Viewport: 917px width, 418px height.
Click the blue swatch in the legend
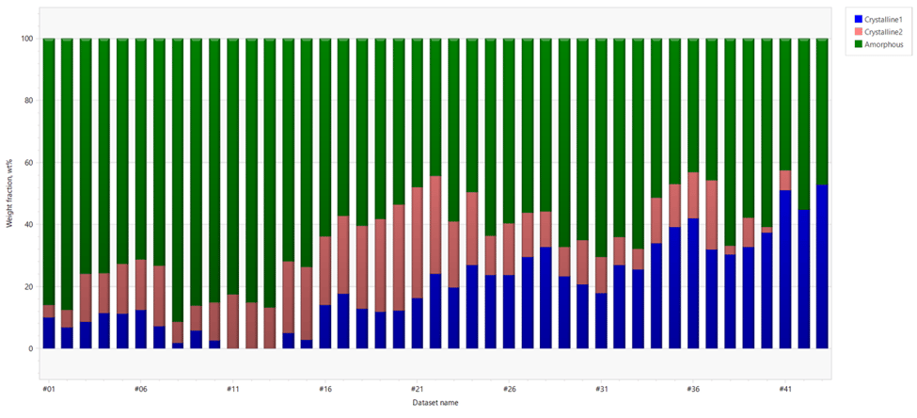[857, 19]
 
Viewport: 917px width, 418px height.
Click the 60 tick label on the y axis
[29, 163]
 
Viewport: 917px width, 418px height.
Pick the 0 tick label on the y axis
[31, 348]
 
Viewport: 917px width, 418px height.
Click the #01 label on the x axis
[48, 388]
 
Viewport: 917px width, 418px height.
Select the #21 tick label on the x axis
[416, 388]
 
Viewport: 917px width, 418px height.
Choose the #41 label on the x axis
[784, 388]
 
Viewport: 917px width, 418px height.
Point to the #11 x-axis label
[232, 388]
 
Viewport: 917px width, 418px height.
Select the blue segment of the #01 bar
[49, 332]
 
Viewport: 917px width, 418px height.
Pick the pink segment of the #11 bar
[232, 321]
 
